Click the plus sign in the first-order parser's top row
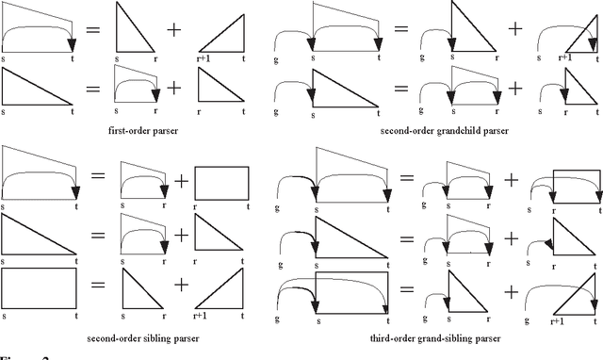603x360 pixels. [173, 30]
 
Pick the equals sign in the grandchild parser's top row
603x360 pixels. [399, 30]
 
